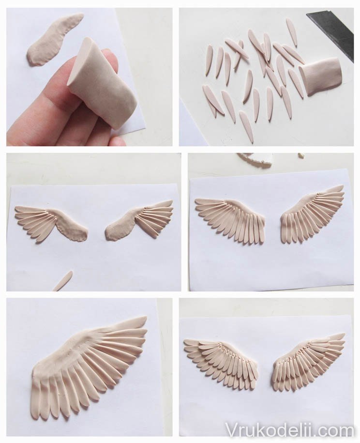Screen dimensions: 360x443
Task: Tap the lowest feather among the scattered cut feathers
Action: (246, 126)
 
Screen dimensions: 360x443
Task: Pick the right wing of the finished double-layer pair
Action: (309, 357)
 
